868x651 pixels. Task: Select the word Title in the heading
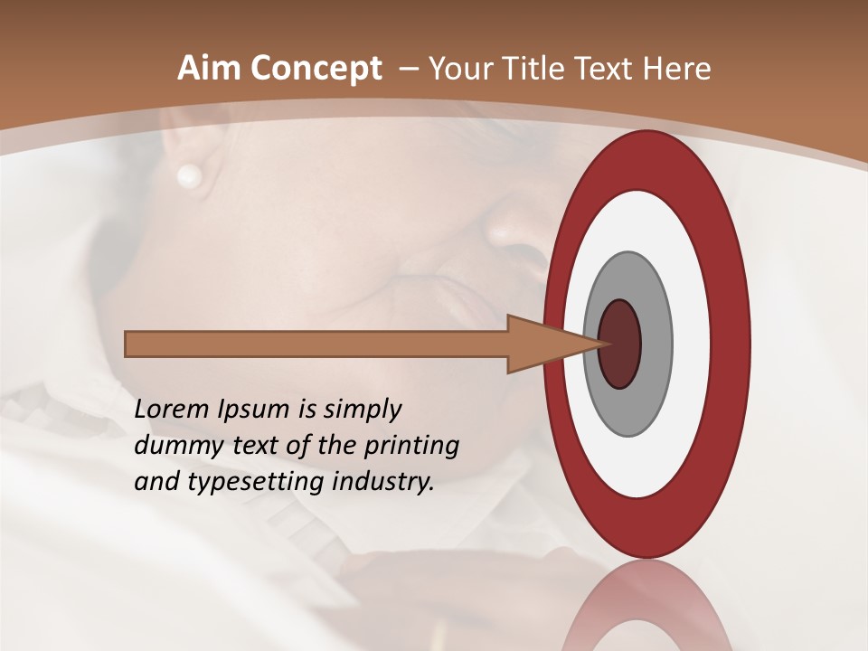point(540,69)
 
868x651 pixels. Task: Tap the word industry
point(383,482)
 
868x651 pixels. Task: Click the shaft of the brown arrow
point(316,344)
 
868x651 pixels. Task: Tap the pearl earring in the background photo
point(189,175)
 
